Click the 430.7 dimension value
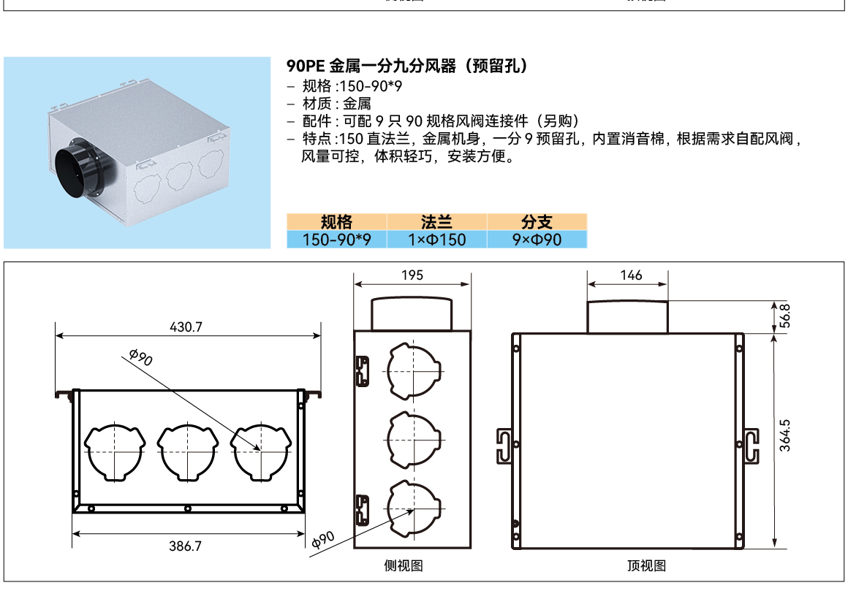click(186, 327)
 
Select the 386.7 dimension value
click(185, 546)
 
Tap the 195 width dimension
click(412, 275)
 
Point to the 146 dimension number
click(631, 275)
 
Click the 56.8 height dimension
click(784, 316)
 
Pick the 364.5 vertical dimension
click(784, 435)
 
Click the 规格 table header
click(336, 221)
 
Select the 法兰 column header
click(436, 221)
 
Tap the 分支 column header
click(537, 221)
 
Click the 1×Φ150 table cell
click(436, 240)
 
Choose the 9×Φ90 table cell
click(537, 240)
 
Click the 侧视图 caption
click(404, 566)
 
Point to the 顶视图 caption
click(646, 566)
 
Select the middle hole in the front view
click(188, 452)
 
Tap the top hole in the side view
click(414, 371)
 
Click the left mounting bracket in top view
click(504, 446)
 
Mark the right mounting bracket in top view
click(752, 446)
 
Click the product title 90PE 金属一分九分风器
click(371, 66)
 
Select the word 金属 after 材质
click(357, 103)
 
